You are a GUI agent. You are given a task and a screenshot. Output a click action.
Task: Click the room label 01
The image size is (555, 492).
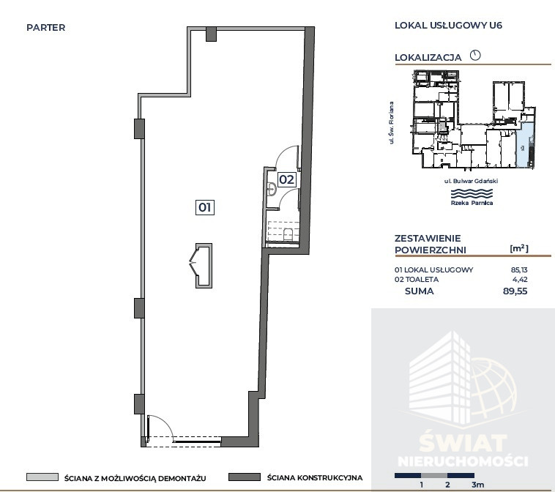(204, 207)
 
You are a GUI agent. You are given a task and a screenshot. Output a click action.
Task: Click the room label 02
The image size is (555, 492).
(286, 179)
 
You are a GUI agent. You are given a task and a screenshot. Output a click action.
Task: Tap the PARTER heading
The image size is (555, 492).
(45, 28)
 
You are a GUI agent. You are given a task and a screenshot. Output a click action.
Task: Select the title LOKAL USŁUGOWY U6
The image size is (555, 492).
(448, 25)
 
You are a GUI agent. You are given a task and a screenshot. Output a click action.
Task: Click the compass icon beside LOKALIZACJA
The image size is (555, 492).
(475, 55)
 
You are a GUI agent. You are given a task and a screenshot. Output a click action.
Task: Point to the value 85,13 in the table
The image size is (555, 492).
(519, 269)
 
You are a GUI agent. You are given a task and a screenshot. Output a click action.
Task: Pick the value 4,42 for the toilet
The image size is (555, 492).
(520, 279)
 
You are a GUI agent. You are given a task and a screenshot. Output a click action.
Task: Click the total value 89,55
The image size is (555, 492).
(515, 291)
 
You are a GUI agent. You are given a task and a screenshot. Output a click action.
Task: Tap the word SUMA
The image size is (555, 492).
(420, 291)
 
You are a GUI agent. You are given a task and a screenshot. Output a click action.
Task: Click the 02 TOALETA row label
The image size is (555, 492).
(417, 279)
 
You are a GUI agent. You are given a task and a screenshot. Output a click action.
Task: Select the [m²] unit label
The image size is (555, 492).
(519, 248)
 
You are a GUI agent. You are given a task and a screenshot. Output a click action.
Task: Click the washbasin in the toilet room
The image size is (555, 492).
(272, 189)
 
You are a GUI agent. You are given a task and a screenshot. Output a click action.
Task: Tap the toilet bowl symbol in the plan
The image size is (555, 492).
(288, 234)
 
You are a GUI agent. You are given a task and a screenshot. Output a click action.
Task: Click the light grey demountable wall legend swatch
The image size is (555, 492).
(42, 477)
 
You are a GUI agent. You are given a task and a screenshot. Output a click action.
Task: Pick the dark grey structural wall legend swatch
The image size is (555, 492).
(245, 477)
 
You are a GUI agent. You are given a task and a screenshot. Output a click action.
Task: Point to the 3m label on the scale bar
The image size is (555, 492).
(477, 485)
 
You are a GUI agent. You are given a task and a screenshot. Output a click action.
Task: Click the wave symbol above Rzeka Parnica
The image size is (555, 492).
(472, 193)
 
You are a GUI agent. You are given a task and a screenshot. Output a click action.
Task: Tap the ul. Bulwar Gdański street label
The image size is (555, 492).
(471, 181)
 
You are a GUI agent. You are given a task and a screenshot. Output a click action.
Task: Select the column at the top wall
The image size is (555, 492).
(211, 34)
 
